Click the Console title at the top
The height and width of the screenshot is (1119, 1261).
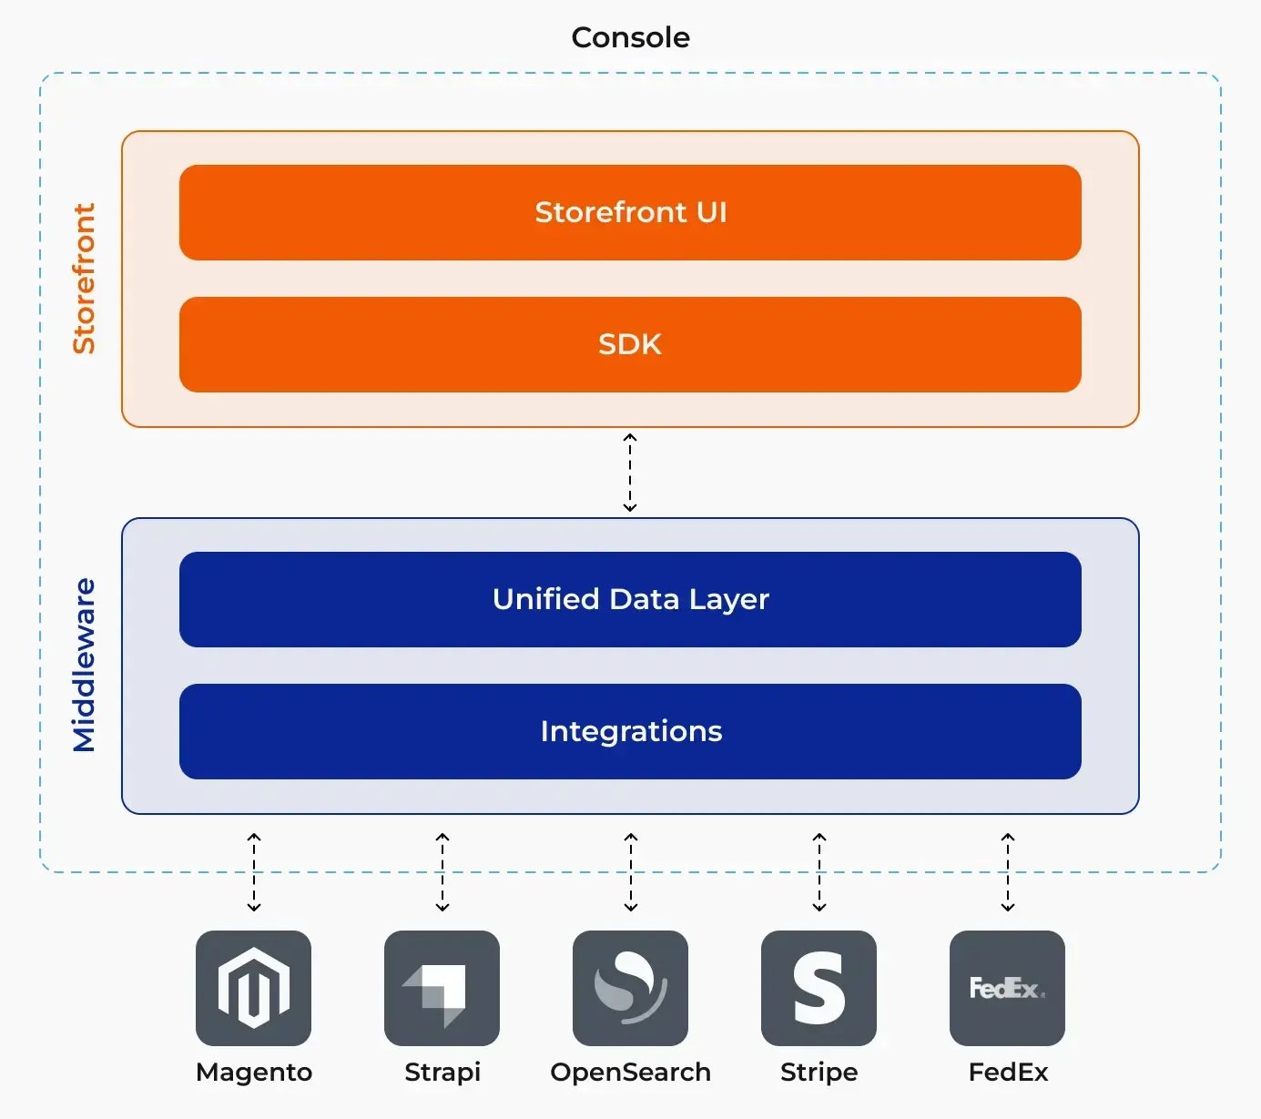[x=630, y=37]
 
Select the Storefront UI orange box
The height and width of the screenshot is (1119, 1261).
[x=630, y=212]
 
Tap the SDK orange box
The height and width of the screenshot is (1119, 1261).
[x=630, y=344]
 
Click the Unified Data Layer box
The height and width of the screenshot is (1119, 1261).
[x=630, y=599]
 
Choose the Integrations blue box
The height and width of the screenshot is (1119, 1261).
[x=630, y=731]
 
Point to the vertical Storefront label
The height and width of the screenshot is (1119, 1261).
[x=84, y=279]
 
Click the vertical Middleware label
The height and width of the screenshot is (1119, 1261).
[x=84, y=666]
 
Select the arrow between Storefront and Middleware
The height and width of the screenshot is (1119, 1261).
[x=630, y=473]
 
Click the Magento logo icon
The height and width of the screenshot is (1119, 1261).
[x=253, y=988]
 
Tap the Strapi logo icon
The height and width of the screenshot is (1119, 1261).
[x=442, y=988]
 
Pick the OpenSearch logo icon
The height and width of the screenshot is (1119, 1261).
[x=630, y=988]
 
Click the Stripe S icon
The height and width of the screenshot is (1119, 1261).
[x=819, y=988]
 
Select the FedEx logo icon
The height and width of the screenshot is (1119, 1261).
[x=1007, y=988]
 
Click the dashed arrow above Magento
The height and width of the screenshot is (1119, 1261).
[x=254, y=872]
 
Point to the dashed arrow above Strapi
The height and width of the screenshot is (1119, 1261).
[x=442, y=872]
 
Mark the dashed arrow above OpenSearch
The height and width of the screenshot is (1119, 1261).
[x=631, y=872]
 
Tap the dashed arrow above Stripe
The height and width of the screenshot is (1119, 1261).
[x=819, y=872]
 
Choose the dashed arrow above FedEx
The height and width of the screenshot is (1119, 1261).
[x=1008, y=872]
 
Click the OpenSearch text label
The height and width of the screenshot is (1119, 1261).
[x=630, y=1073]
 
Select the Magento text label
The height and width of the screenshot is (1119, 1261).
[x=254, y=1073]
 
